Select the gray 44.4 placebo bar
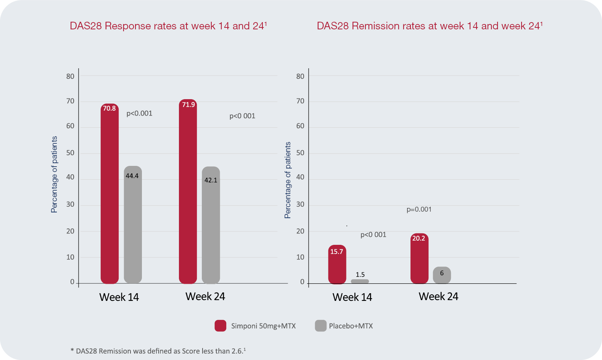tap(133, 225)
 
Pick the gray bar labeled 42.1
tap(211, 225)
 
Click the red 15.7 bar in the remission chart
tap(337, 265)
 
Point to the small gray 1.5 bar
tap(360, 281)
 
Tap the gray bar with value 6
tap(442, 275)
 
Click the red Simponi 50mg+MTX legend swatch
tap(221, 326)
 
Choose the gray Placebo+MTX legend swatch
tap(321, 326)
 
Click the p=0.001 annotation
tap(419, 209)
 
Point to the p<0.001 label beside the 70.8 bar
tap(139, 113)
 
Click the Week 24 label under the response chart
tap(205, 296)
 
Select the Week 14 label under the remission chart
tap(352, 297)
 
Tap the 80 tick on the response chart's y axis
tap(70, 76)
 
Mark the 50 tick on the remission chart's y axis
tap(300, 153)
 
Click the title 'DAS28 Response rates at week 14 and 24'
tap(168, 26)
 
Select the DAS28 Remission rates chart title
tap(430, 26)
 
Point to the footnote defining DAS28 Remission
tap(158, 351)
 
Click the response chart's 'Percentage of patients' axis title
tap(54, 174)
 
